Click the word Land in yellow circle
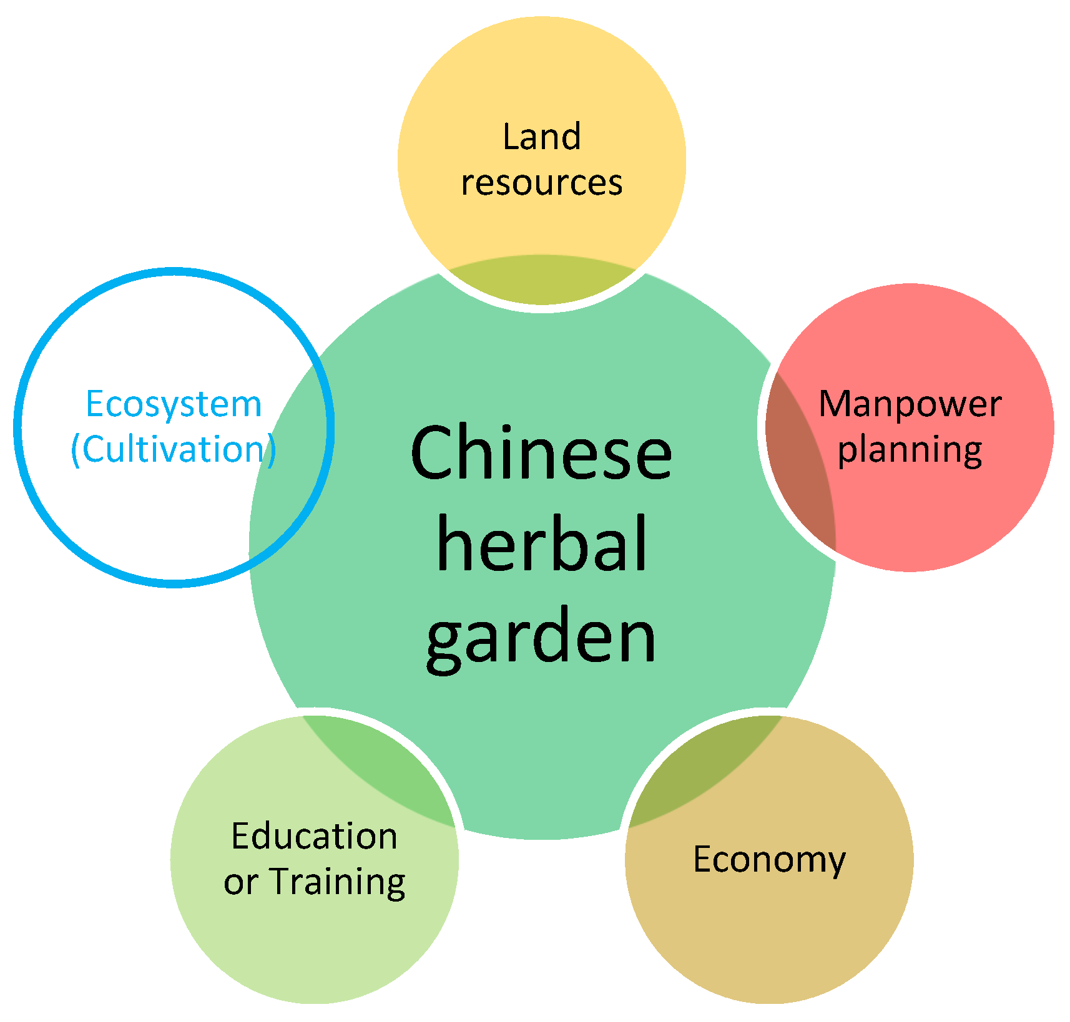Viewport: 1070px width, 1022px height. [x=541, y=137]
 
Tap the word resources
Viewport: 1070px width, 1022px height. [x=541, y=183]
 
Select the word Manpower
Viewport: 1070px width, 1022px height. [x=910, y=404]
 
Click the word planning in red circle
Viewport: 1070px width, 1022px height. [x=910, y=450]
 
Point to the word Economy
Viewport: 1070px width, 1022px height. [x=769, y=860]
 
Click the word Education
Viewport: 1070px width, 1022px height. [x=314, y=836]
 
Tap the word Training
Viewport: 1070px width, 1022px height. [x=338, y=882]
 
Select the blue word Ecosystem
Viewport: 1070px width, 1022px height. [x=174, y=404]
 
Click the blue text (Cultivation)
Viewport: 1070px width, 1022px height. [x=174, y=449]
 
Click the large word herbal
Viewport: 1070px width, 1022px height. [x=541, y=544]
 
